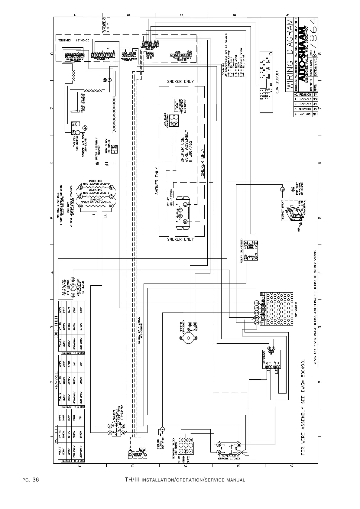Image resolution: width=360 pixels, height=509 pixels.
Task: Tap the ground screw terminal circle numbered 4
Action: click(x=162, y=429)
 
